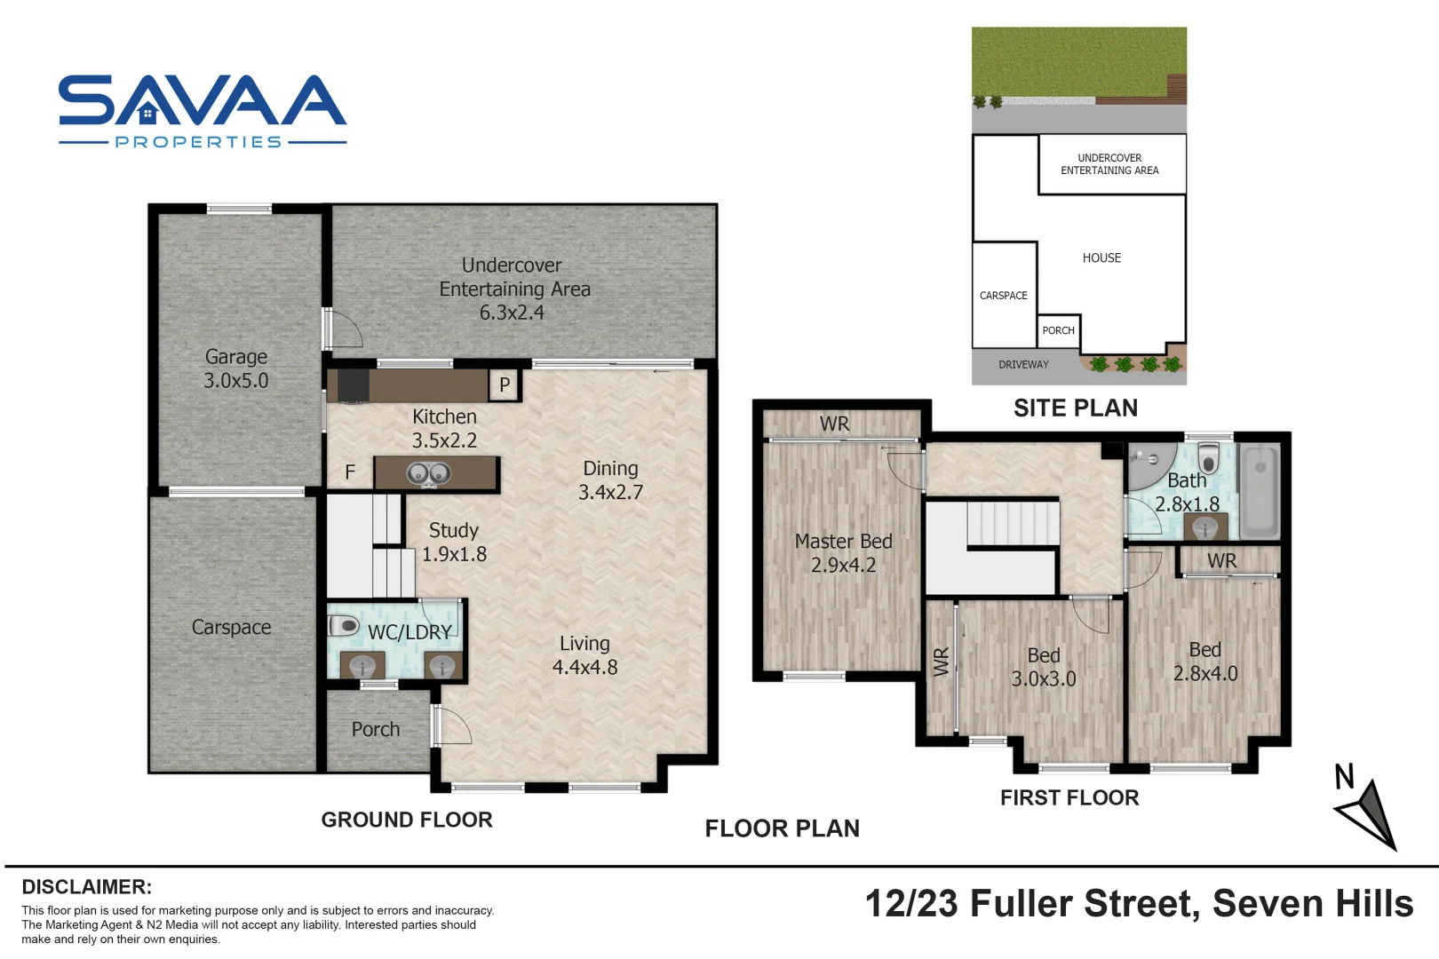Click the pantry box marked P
tap(504, 384)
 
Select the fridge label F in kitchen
tap(350, 472)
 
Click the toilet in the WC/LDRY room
tap(344, 625)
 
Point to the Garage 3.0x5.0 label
tap(236, 369)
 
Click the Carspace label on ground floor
tap(231, 627)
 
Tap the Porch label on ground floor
tap(375, 729)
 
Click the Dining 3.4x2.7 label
tap(610, 479)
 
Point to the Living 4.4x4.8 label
tap(584, 655)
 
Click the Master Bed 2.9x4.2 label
tap(843, 552)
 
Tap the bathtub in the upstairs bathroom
tap(1259, 491)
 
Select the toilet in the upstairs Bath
tap(1208, 458)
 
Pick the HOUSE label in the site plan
tap(1101, 258)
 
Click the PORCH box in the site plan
tap(1058, 330)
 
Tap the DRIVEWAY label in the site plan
tap(1023, 364)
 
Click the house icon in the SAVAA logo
tap(148, 113)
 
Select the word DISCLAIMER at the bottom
tap(86, 887)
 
